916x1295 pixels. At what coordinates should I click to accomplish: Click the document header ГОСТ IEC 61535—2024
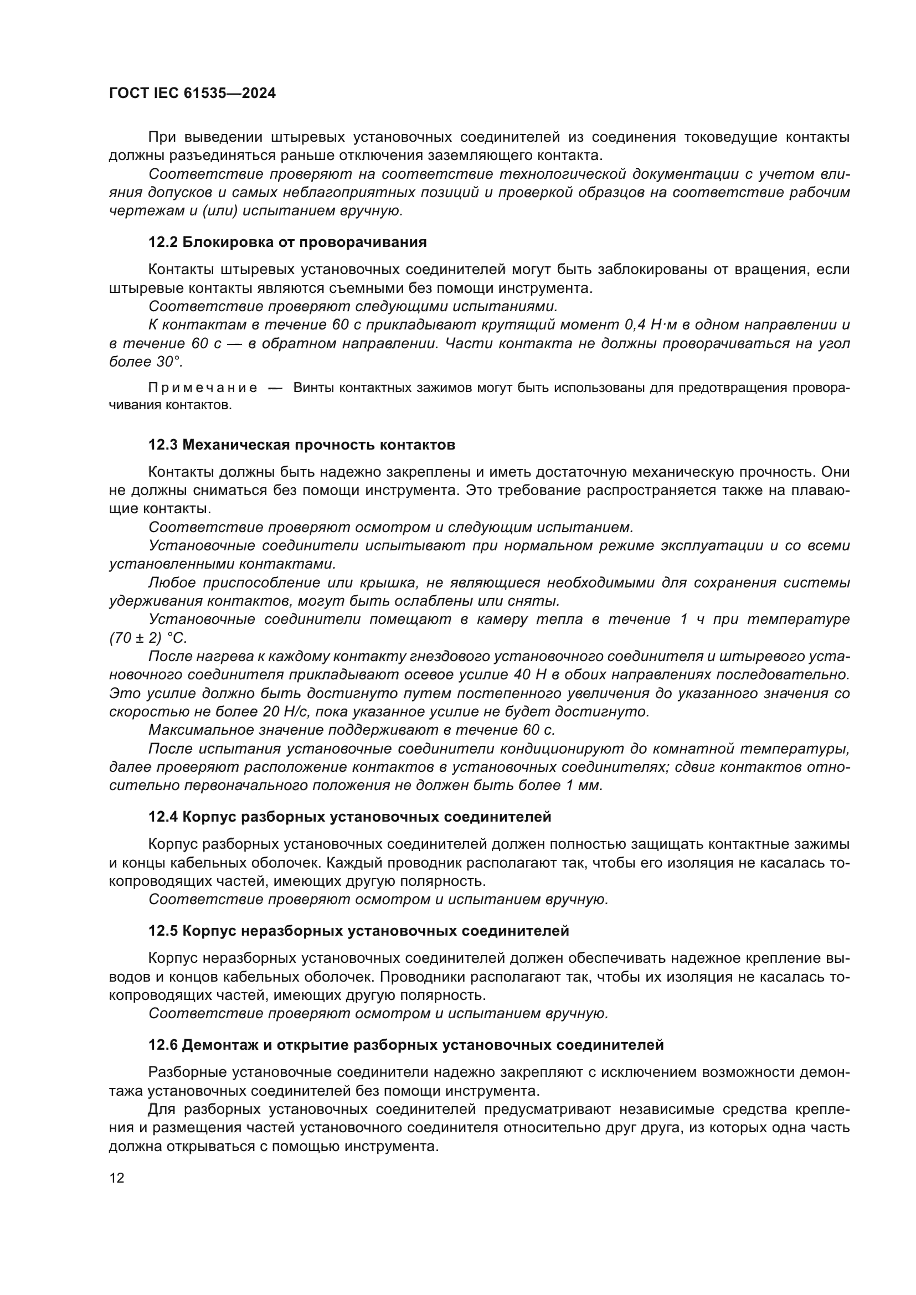192,94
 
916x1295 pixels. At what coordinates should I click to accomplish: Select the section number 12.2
163,243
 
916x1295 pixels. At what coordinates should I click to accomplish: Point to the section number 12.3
163,445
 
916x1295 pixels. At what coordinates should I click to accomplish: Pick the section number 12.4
163,817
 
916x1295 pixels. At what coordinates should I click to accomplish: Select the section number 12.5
163,931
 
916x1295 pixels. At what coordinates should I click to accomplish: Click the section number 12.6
163,1045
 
